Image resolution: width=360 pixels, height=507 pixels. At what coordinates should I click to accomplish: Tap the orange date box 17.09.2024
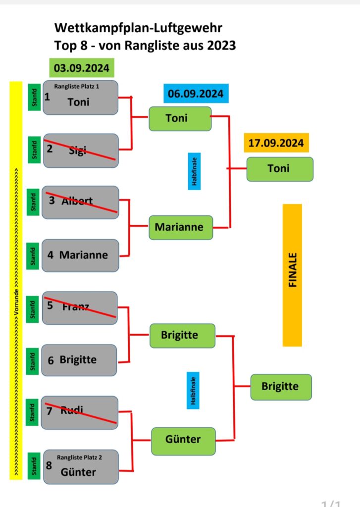[276, 143]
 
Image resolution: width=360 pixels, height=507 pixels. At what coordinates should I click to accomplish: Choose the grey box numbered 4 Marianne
[80, 255]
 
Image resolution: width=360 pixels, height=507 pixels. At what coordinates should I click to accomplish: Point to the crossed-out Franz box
[80, 308]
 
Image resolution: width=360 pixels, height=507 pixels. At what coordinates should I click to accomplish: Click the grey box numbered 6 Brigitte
[80, 360]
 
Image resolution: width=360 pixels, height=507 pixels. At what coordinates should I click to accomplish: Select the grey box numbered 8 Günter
[80, 467]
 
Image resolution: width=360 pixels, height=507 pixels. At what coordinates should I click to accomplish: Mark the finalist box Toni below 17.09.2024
[279, 169]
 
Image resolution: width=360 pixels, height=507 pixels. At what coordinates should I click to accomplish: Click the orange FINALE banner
[292, 275]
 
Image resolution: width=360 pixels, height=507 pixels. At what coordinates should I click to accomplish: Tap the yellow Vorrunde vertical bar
[16, 280]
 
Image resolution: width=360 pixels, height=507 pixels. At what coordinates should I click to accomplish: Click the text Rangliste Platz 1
[77, 87]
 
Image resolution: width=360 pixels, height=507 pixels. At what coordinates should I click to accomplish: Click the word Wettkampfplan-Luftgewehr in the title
[138, 28]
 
